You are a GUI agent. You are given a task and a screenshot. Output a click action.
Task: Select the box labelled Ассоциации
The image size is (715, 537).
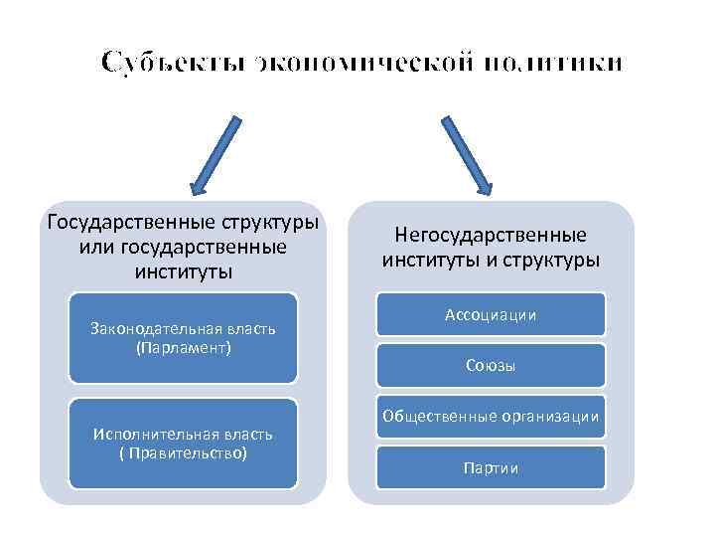click(x=491, y=314)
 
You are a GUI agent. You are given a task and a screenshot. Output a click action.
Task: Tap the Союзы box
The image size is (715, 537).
click(x=491, y=365)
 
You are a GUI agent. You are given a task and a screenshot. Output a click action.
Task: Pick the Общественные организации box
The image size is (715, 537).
click(x=491, y=417)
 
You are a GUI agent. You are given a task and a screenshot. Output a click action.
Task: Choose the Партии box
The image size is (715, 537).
click(x=491, y=467)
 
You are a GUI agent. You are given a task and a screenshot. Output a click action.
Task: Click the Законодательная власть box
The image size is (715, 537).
click(x=183, y=338)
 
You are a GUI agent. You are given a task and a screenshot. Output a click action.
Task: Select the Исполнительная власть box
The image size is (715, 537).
click(x=183, y=444)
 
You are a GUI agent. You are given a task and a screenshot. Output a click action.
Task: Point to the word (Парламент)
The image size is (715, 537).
click(x=183, y=348)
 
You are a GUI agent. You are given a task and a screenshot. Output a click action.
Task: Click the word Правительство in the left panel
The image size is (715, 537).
click(x=187, y=453)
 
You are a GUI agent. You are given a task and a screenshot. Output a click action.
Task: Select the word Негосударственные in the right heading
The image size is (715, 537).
click(x=491, y=236)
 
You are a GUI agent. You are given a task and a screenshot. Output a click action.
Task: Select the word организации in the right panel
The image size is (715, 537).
click(x=553, y=417)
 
